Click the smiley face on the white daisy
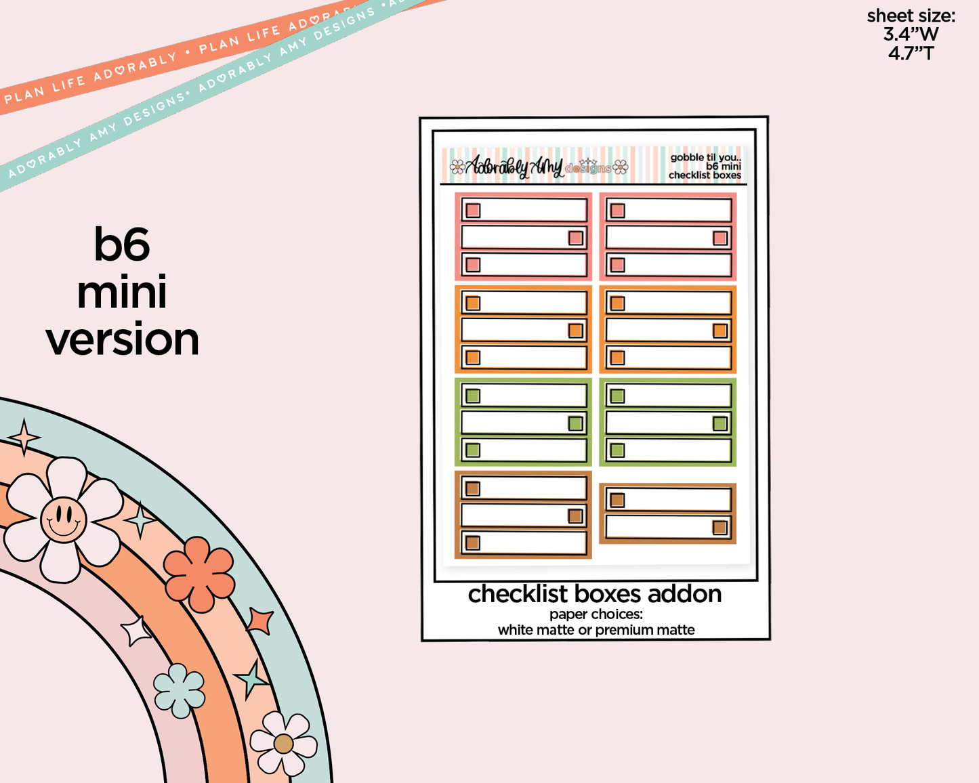point(63,520)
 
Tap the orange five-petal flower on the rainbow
point(199,574)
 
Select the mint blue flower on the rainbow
point(179,690)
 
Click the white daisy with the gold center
point(283,743)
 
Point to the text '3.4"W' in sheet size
point(911,34)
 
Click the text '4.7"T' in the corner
point(911,53)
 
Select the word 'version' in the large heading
point(123,339)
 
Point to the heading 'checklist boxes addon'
point(595,594)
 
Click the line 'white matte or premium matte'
point(596,630)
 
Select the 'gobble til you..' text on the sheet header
point(705,157)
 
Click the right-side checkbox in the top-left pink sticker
point(576,238)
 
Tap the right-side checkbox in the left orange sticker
point(576,331)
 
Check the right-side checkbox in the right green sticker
point(720,423)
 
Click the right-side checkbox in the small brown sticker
point(720,528)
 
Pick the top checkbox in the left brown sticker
point(473,488)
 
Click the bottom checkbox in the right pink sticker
point(617,265)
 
